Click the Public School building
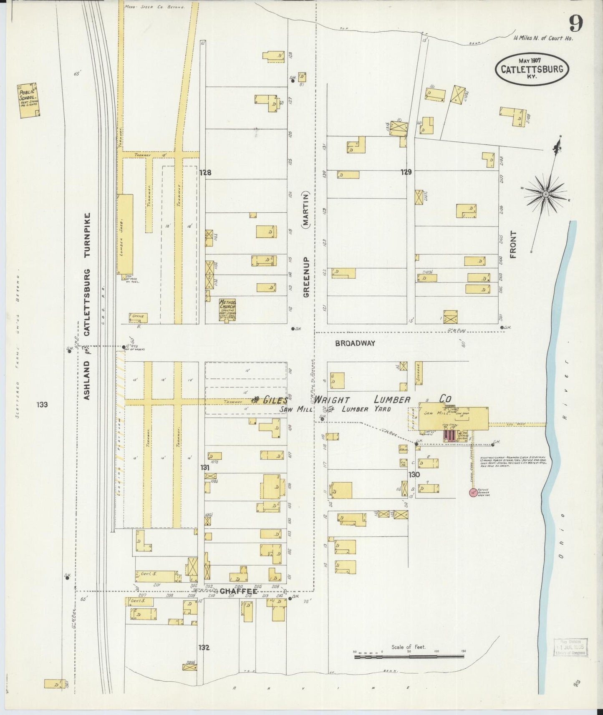28,99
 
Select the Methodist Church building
227,310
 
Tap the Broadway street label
355,343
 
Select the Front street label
513,244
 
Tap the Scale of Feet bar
409,656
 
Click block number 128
205,172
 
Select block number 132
204,647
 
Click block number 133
42,404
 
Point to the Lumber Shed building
125,234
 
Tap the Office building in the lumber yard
138,317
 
